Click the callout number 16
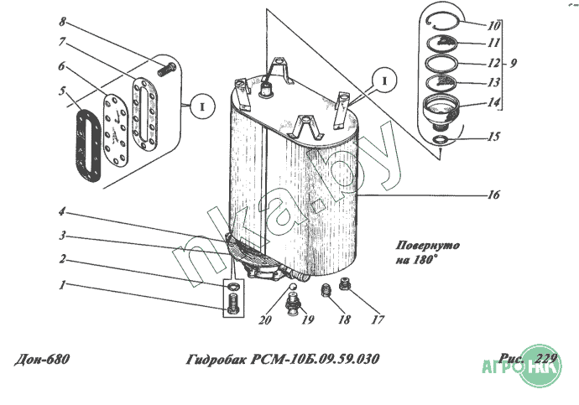click(493, 195)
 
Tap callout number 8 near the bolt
click(62, 22)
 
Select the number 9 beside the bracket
click(514, 63)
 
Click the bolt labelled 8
click(167, 69)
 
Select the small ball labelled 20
click(292, 287)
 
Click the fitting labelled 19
click(293, 304)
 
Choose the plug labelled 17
click(344, 283)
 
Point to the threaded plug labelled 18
click(326, 290)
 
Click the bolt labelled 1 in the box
click(233, 305)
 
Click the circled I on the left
click(202, 106)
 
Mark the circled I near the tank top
click(384, 80)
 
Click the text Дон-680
click(42, 359)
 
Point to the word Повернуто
click(428, 246)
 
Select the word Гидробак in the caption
click(216, 359)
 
